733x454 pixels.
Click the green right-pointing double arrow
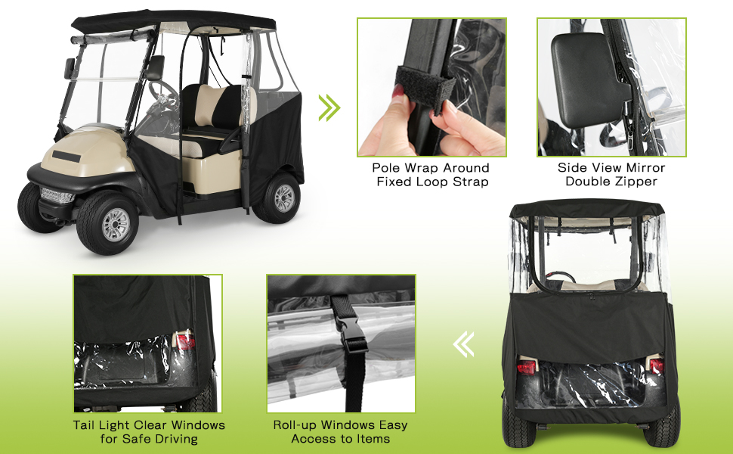click(329, 107)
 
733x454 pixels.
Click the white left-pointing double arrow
click(463, 344)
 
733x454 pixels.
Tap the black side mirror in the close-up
click(586, 79)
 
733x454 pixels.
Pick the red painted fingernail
click(398, 92)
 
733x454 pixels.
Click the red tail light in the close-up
click(184, 340)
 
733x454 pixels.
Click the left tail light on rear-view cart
click(527, 366)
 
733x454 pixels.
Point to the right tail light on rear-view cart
click(656, 365)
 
